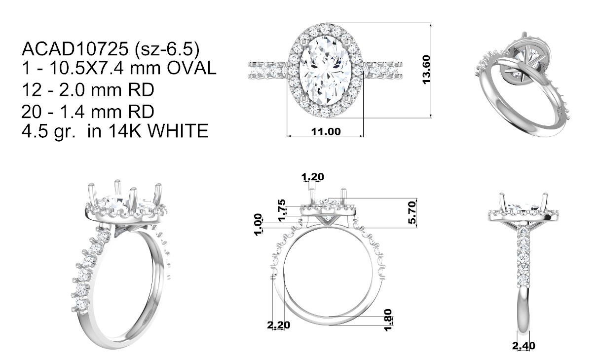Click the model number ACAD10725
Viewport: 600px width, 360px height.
(75, 49)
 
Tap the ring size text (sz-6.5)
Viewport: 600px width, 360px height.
(167, 49)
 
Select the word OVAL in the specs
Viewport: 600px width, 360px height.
(191, 68)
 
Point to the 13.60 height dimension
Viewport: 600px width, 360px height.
(426, 70)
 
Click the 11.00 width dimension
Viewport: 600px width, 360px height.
(326, 131)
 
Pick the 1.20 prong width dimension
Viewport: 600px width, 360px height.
(312, 177)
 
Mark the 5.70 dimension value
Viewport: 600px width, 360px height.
(412, 212)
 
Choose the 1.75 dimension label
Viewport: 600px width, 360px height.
(282, 210)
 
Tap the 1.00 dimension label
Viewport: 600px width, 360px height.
(258, 225)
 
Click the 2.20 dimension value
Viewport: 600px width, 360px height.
(279, 325)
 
